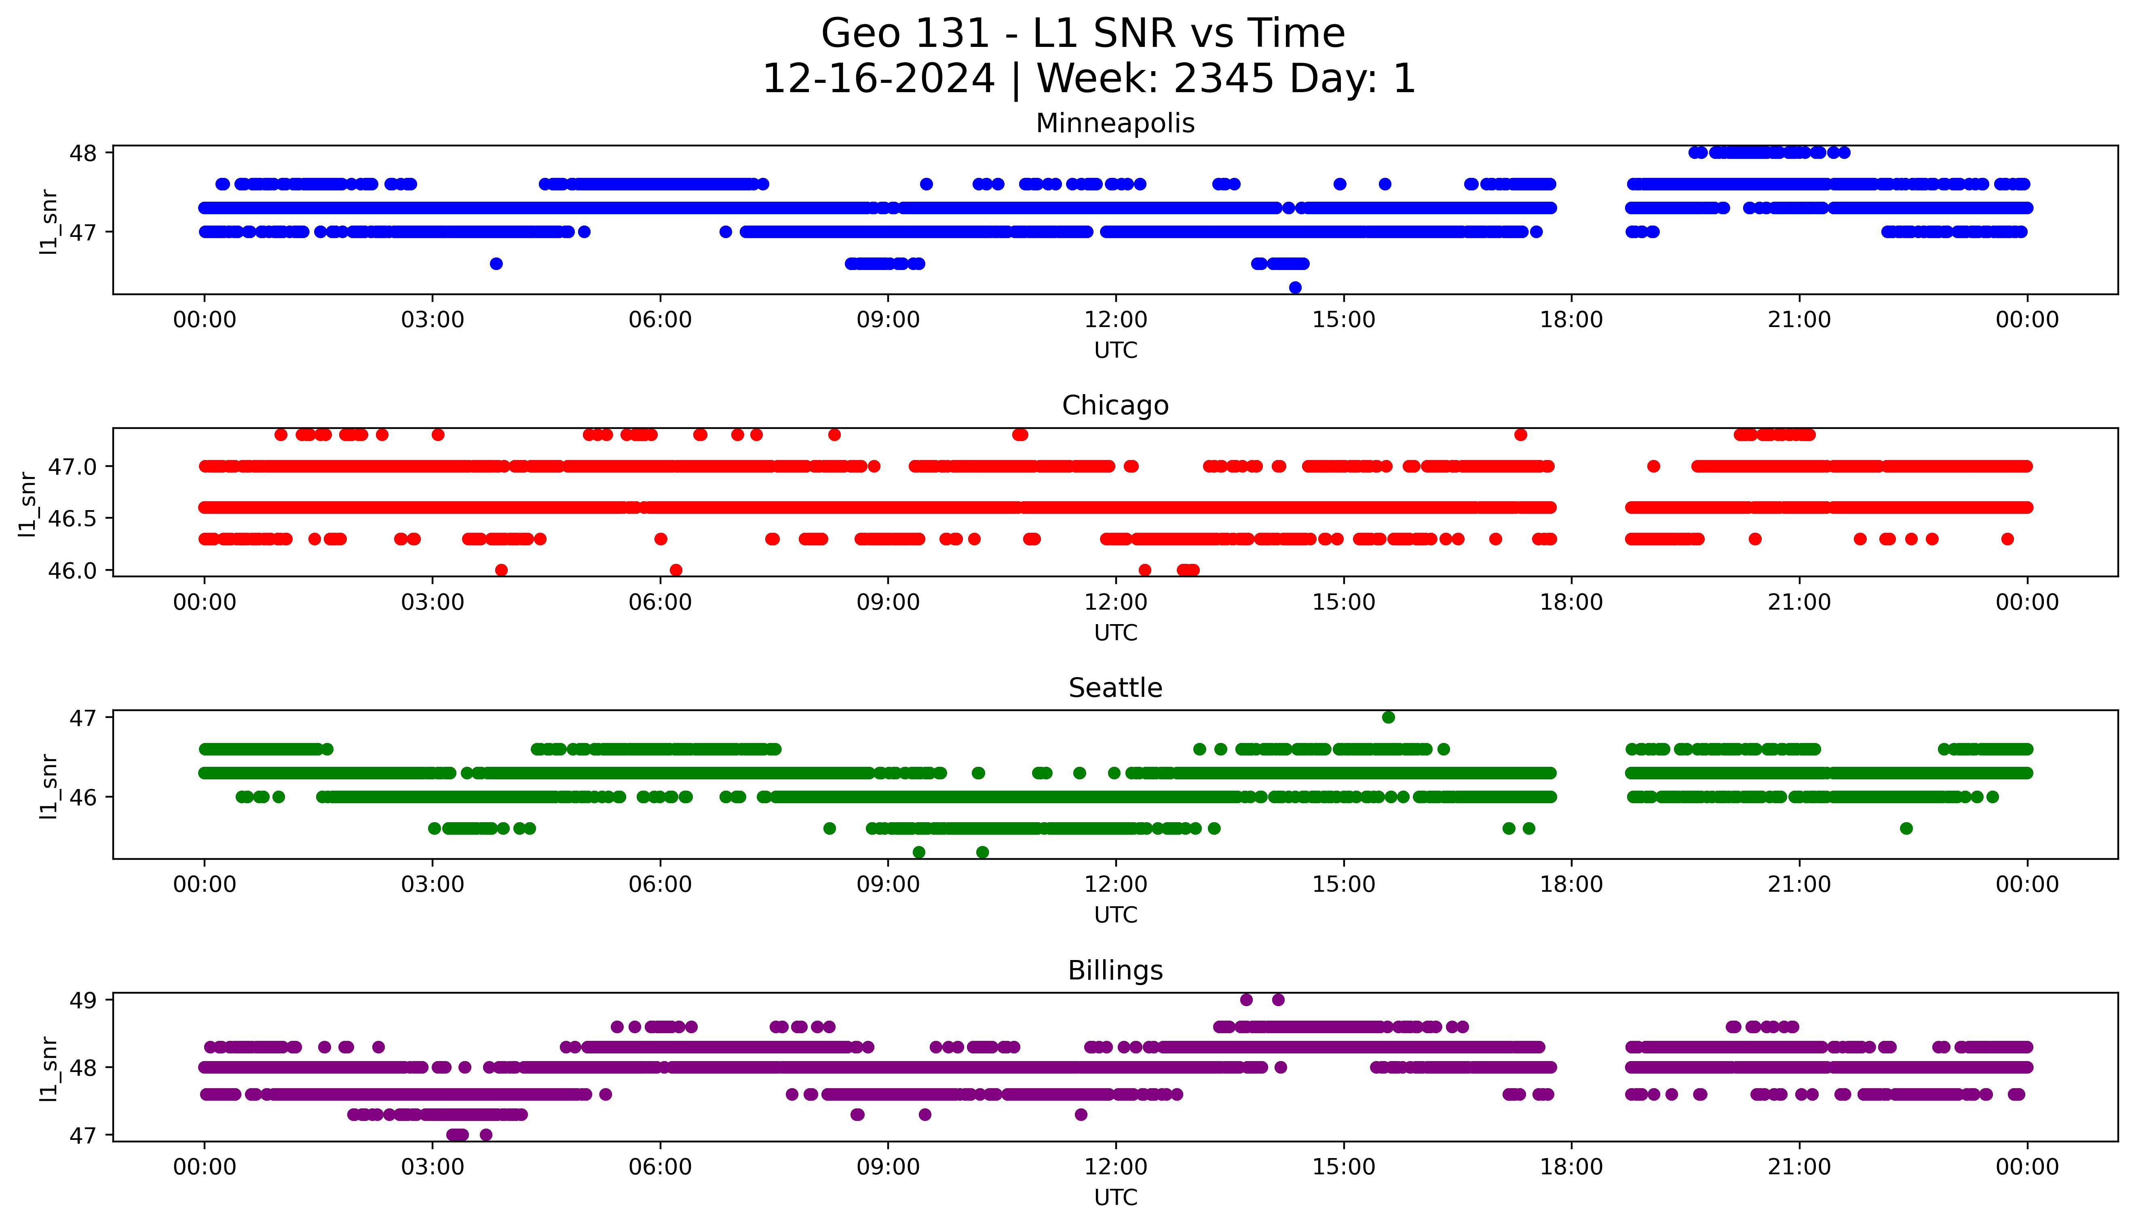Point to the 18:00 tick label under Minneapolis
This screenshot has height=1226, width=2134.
(1571, 320)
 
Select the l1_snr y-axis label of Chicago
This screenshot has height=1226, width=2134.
(28, 504)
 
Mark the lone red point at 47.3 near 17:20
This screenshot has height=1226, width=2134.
(1520, 435)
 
